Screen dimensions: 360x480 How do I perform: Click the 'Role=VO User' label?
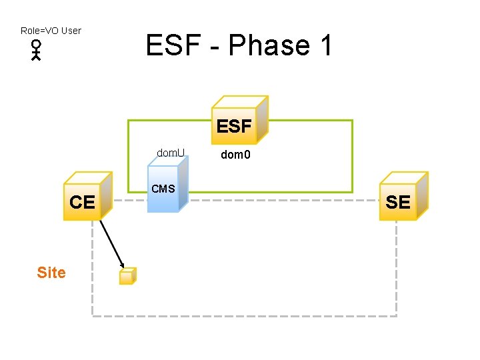51,31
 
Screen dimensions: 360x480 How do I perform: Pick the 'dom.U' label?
171,153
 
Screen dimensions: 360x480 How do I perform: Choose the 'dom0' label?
237,156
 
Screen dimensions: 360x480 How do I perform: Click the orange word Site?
51,273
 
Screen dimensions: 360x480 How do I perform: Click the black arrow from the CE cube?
111,243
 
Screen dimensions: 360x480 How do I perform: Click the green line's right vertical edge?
352,156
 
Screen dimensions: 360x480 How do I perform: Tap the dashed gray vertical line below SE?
397,267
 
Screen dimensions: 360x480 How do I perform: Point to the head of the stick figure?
36,45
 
